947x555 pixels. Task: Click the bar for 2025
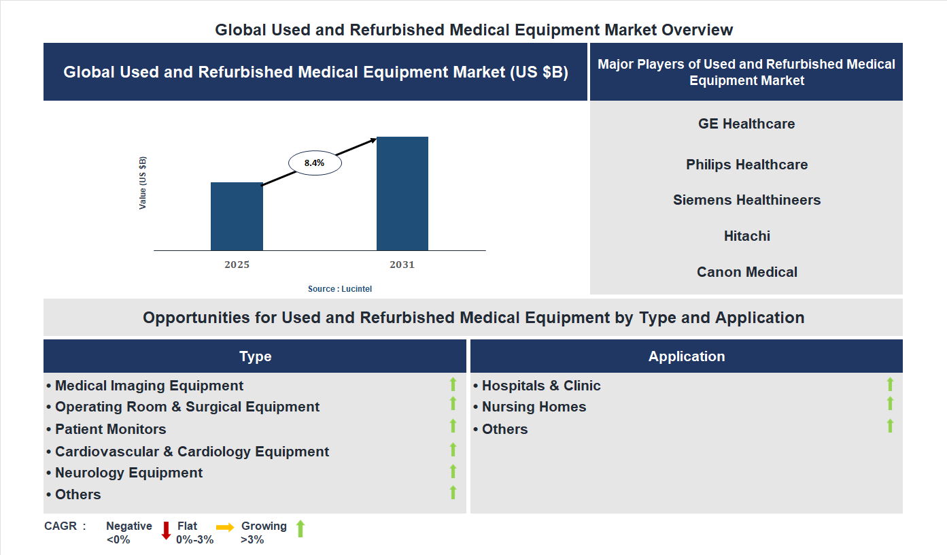237,216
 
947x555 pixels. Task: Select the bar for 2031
402,194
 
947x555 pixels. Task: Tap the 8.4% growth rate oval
314,163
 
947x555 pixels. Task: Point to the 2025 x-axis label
237,265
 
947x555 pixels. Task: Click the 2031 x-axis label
402,265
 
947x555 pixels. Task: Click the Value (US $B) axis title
143,183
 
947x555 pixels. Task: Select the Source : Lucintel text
340,289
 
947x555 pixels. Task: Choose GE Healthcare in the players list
746,124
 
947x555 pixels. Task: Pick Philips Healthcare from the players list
746,165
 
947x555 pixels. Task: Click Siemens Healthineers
746,200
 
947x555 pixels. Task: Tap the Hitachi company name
746,236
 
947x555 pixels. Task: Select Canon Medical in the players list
746,272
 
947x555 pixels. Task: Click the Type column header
255,356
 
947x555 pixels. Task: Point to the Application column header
686,356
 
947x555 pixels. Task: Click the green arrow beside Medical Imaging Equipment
453,384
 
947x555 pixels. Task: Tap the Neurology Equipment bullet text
128,473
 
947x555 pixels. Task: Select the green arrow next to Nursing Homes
890,404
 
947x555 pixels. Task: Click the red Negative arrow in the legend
166,531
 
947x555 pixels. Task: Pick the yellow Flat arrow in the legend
225,527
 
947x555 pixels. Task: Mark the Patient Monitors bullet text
110,429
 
